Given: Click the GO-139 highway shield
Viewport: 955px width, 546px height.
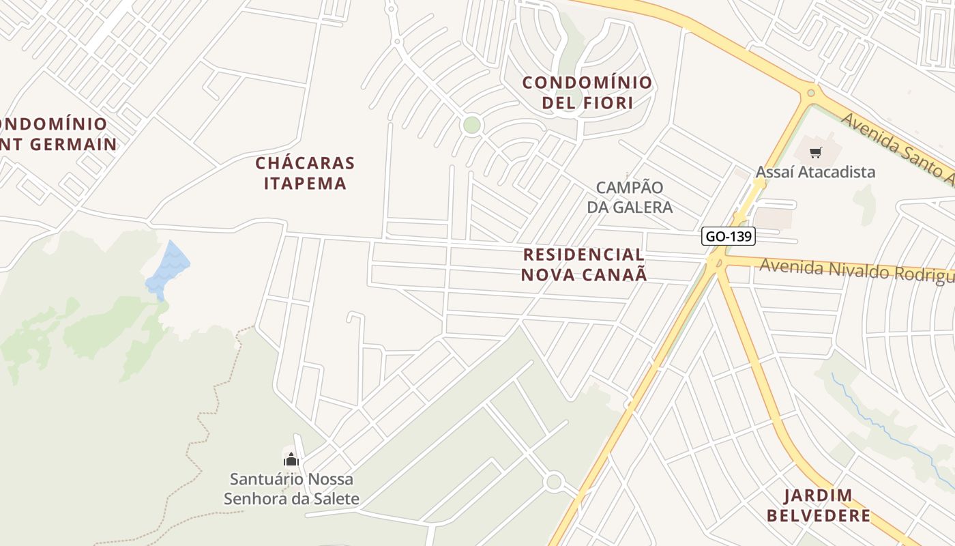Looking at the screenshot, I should pos(729,236).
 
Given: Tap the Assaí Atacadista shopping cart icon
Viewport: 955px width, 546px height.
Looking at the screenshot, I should pos(816,152).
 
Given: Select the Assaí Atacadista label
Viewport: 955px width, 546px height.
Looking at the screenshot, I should pos(815,171).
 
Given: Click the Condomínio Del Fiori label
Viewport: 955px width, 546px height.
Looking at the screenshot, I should pos(587,93).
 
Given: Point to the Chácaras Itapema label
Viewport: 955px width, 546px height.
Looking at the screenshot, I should pos(305,173).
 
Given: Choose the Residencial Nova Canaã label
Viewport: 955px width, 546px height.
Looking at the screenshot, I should pos(585,265).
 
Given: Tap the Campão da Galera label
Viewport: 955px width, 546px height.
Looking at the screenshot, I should pos(630,197).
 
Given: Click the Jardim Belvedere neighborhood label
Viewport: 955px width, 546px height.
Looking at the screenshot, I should pos(819,505).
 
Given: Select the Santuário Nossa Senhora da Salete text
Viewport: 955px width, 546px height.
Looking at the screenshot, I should pos(291,489).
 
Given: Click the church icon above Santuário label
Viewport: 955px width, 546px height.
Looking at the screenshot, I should pos(291,459).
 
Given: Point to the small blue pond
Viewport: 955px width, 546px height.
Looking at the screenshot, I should pos(167,268).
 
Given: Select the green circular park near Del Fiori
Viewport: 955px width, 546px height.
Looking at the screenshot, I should pos(471,125).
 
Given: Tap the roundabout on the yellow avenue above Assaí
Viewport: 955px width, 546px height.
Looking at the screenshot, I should pos(810,93).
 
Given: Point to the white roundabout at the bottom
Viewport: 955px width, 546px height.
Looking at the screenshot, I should pos(554,482).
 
